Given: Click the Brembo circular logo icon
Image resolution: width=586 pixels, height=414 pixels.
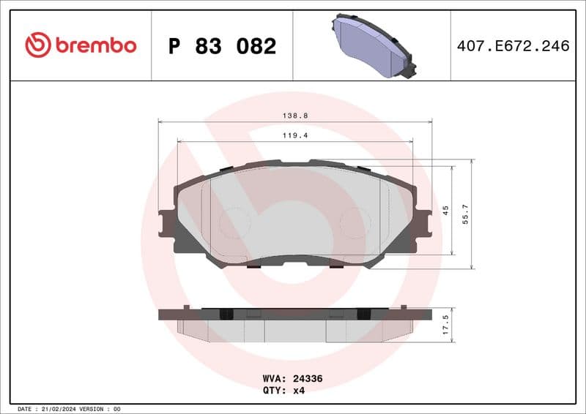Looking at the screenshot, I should (37, 45).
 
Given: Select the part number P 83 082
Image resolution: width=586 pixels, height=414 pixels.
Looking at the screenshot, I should (222, 46).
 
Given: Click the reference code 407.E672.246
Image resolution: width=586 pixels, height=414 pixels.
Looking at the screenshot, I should (512, 46).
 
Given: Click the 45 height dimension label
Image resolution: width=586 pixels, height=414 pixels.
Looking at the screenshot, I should (445, 210).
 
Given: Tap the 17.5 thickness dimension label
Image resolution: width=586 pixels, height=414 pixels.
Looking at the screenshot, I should (445, 325).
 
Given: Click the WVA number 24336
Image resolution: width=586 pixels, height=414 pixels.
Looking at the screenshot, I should (308, 379).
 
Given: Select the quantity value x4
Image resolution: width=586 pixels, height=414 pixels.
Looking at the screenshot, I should (298, 391).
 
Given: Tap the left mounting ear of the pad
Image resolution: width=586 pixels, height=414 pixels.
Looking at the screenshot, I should (166, 223).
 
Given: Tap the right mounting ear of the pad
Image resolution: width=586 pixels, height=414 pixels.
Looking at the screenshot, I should (423, 223).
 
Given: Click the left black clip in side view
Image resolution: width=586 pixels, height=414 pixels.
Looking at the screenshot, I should (226, 314).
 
